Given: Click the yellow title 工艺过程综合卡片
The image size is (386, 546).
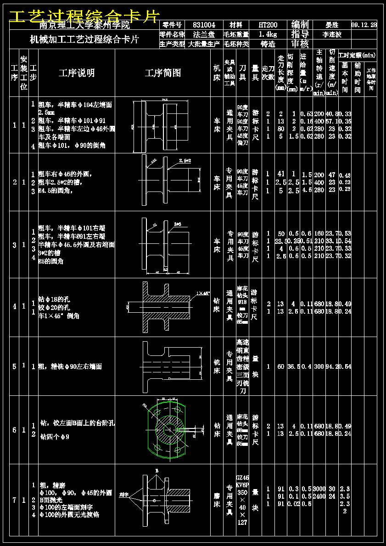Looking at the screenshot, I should pos(84,17).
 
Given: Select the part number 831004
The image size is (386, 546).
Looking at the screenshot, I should pos(204,25).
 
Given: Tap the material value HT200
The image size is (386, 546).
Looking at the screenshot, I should pos(268,25).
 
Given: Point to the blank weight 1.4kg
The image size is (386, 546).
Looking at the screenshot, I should pos(268,34).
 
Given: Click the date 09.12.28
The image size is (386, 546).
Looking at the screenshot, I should pos(364,25).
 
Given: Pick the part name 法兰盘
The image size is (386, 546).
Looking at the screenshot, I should pos(204,34).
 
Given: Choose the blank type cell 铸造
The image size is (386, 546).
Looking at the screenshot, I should pos(268,45).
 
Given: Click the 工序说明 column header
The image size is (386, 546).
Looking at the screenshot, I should pos(77,73).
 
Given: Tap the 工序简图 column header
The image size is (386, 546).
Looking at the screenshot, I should pos(163,73).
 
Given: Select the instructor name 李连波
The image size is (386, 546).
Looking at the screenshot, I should pos(332,34).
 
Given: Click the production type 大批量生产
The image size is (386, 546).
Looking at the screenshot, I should pos(204,45).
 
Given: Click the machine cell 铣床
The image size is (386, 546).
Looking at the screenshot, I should pos(217,366).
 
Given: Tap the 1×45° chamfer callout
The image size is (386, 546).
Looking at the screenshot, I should pos(203,293).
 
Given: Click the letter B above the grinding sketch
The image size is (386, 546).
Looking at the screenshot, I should pos(157,471).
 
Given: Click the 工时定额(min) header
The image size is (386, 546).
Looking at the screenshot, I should pos(358,56).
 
